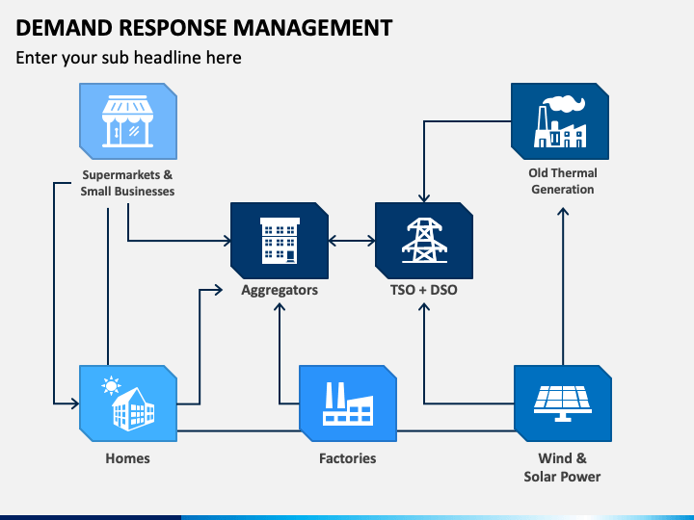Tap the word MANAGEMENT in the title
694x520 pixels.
coord(312,28)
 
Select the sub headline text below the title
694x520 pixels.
coord(128,58)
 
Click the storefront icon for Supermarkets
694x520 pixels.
coord(127,121)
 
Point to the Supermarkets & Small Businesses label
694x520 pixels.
coord(127,183)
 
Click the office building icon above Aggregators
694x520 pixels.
coord(280,241)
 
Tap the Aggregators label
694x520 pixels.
coord(280,290)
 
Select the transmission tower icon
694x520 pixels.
coord(424,241)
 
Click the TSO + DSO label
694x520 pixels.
coord(423,290)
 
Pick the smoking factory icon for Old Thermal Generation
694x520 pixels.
coord(560,122)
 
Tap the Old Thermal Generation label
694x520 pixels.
coord(563,181)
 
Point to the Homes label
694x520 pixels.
coord(127,458)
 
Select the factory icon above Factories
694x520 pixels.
coord(347,404)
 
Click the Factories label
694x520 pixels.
coord(347,458)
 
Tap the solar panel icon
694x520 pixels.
coord(563,403)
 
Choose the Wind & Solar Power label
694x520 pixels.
coord(562,467)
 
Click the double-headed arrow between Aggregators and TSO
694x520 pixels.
coord(352,241)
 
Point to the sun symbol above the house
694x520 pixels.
coord(111,385)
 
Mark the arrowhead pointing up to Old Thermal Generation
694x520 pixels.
coord(563,211)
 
